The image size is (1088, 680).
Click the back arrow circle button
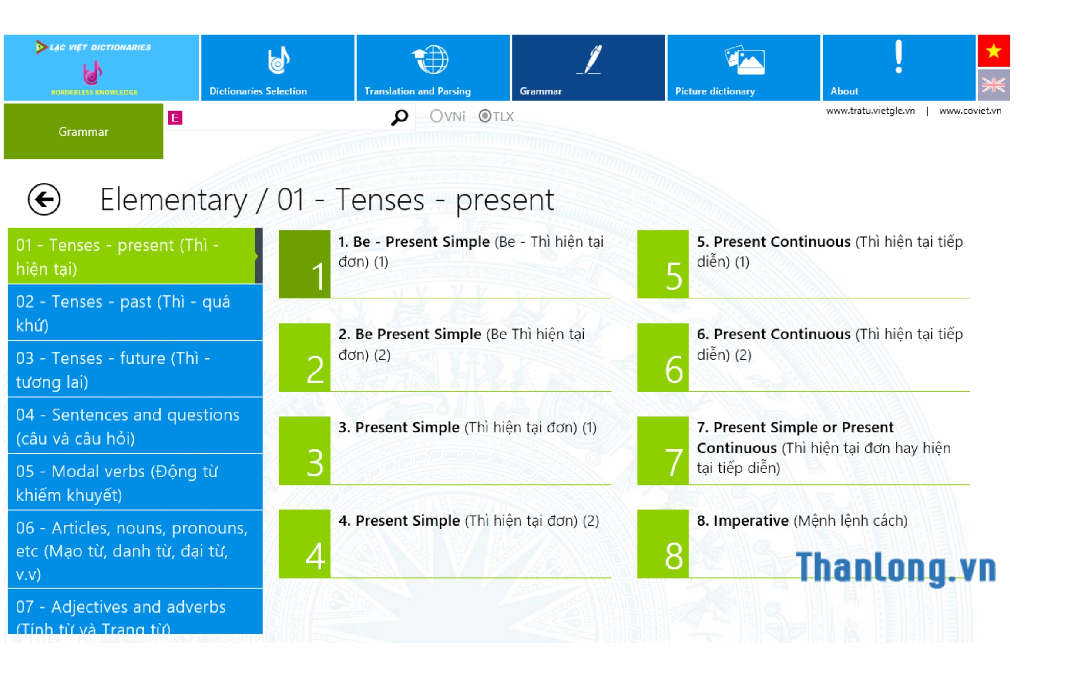click(x=44, y=199)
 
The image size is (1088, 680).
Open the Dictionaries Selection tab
click(x=278, y=68)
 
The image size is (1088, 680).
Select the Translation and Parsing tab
click(x=433, y=68)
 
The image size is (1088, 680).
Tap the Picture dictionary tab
click(x=743, y=68)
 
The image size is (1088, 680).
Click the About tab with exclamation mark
click(x=899, y=68)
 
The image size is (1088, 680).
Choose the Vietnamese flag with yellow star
click(x=994, y=51)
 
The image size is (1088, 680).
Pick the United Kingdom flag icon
click(x=994, y=85)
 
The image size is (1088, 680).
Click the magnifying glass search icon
click(x=400, y=117)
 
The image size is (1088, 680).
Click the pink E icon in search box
click(x=175, y=118)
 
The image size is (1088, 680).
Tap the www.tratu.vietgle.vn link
click(x=870, y=111)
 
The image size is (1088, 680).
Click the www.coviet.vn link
click(x=970, y=111)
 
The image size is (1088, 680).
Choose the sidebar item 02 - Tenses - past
click(x=135, y=313)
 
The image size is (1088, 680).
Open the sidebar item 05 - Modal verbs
click(x=135, y=482)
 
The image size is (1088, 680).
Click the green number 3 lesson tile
click(x=305, y=451)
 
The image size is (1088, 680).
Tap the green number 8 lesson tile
click(x=663, y=544)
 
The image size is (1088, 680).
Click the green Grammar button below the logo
click(x=84, y=131)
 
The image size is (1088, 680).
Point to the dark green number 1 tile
click(x=305, y=264)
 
